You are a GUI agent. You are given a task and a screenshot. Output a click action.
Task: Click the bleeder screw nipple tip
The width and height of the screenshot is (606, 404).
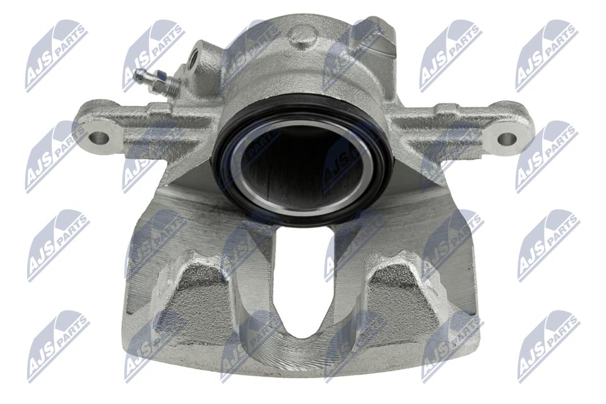coord(138,74)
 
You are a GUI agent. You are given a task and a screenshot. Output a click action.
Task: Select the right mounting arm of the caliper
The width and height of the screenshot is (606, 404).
coord(454,126)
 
